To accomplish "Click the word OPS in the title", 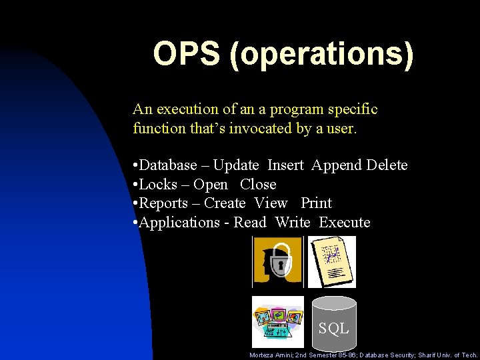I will click(x=187, y=55).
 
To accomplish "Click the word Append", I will click(x=337, y=165).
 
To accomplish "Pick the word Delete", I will click(x=387, y=165).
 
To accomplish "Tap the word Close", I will click(x=258, y=184).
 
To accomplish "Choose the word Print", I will click(x=316, y=203).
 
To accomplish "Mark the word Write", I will click(x=292, y=222).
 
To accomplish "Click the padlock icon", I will click(x=277, y=262).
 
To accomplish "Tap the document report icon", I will click(x=331, y=262).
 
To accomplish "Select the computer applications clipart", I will click(x=277, y=321).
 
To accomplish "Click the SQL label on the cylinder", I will click(x=333, y=328).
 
